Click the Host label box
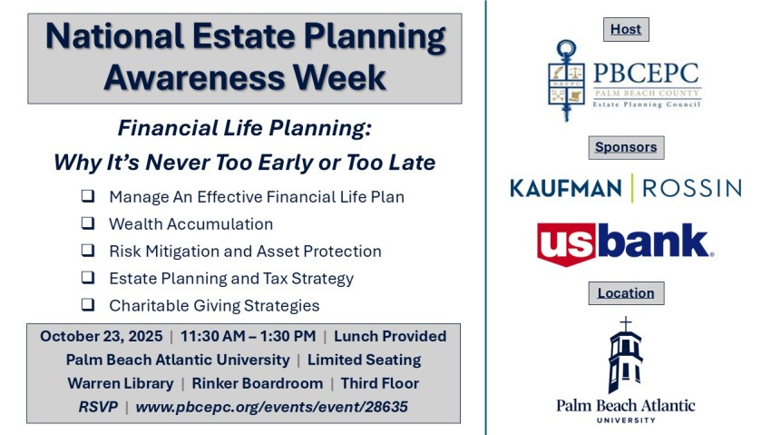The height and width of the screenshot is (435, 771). pos(626,30)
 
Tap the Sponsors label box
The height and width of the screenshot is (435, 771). pos(626,148)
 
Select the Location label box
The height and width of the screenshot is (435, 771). pos(626,293)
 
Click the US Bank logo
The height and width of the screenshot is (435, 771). pos(625,244)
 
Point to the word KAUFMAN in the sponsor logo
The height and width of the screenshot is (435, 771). pos(566,189)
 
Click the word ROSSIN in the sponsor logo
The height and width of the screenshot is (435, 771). pos(692,189)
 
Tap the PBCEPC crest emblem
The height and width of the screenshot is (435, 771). pos(566,80)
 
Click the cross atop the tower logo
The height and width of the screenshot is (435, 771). pos(626,324)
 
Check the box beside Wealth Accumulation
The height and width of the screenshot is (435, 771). pos(88,222)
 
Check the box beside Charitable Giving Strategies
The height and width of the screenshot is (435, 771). pos(88,304)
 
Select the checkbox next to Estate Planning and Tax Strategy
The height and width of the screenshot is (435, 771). pos(88,278)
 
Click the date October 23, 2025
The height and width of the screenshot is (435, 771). pos(102,336)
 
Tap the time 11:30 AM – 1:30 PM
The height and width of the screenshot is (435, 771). pos(249,336)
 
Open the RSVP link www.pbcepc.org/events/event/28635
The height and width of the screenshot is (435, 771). pos(272,407)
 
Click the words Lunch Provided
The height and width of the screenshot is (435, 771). pos(390,336)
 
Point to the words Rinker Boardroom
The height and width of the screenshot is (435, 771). pos(258,383)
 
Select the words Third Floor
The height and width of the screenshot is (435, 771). pos(380,383)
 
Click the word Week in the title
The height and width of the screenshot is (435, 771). pos(340,77)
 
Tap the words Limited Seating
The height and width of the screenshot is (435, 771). pos(365,360)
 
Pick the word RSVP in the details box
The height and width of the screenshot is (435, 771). pos(98,407)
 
